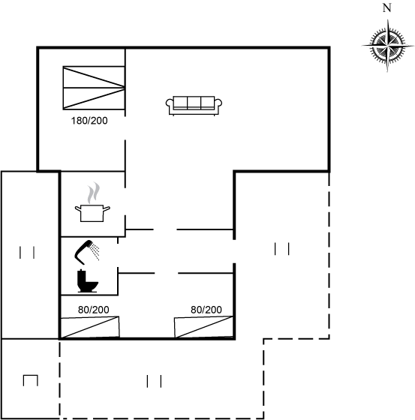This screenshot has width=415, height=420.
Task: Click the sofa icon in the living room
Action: [194, 106]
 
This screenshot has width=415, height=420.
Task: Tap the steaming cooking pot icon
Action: [92, 202]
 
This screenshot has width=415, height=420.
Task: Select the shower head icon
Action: [86, 252]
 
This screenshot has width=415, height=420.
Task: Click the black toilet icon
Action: [87, 280]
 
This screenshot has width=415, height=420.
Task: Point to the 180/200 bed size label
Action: [89, 121]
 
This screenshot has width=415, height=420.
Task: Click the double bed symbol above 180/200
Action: [94, 88]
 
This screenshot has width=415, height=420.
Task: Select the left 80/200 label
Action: [94, 310]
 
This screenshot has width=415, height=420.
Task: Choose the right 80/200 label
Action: [206, 310]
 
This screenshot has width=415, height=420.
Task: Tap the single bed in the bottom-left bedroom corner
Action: [90, 327]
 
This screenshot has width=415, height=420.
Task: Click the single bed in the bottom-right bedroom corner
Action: [203, 327]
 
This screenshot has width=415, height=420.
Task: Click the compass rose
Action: [387, 46]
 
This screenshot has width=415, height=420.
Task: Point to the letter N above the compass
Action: [386, 8]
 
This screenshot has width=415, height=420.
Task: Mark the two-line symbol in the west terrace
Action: [27, 253]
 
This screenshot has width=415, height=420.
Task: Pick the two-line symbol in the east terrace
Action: [281, 249]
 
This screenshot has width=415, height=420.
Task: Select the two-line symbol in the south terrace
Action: [154, 381]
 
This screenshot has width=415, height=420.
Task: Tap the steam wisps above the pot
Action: [94, 193]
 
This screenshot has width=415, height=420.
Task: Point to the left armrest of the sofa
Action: [170, 104]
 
